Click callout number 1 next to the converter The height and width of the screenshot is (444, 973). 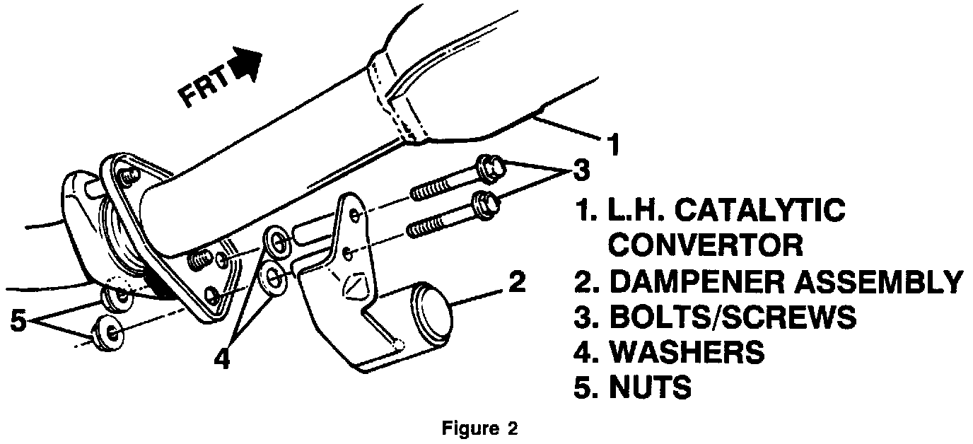614,145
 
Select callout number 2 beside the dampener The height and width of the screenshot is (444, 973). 518,283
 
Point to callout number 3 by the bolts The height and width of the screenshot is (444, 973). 580,170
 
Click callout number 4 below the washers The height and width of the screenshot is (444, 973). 222,360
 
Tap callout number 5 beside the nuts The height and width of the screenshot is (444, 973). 18,322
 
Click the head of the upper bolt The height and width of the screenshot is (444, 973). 490,165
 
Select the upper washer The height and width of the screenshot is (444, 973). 275,240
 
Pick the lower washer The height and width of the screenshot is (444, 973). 273,279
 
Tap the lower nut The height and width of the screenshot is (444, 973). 111,331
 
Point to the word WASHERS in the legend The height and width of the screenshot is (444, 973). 687,352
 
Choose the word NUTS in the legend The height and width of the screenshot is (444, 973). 649,388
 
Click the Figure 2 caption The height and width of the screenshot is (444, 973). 480,428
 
